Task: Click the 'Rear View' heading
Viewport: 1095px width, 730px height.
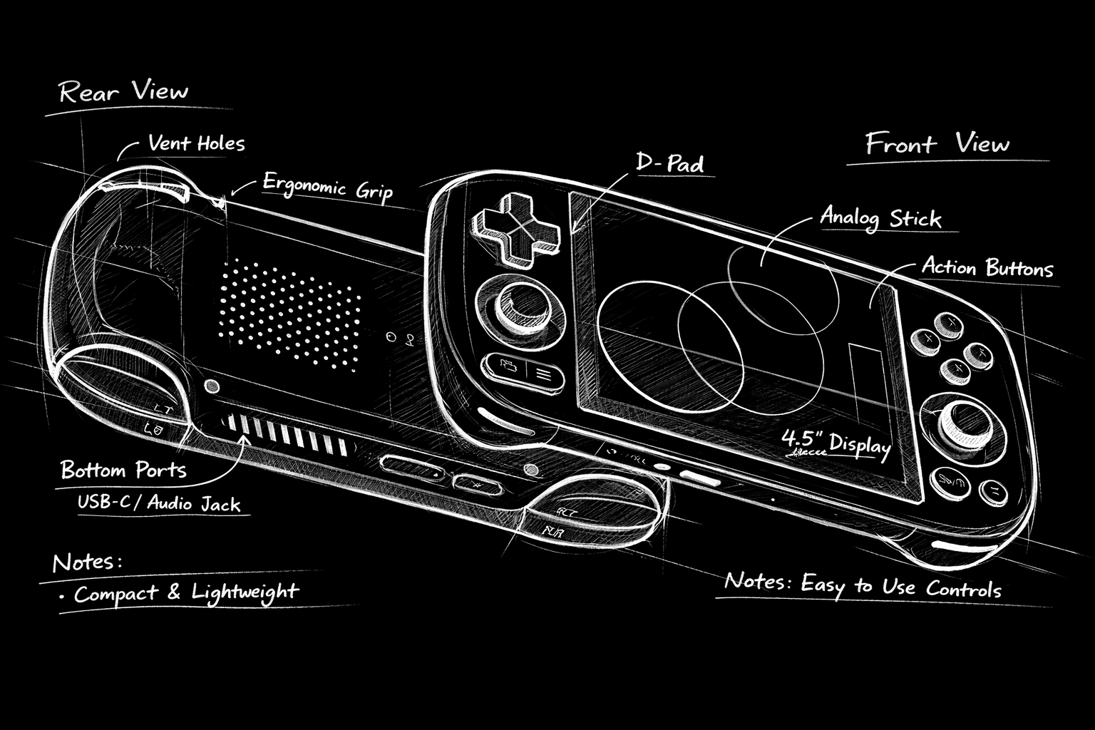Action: coord(123,92)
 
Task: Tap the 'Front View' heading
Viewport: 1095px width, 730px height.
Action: coord(937,144)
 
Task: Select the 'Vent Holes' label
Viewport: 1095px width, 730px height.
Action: coord(196,143)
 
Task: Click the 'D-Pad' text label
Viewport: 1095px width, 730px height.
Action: coord(669,163)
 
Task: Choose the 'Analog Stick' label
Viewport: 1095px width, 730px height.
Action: coord(880,217)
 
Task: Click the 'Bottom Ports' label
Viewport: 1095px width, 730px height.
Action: coord(123,470)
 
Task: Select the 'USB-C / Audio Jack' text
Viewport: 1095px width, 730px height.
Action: coord(159,503)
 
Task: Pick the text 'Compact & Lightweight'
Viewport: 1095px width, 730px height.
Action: coord(185,592)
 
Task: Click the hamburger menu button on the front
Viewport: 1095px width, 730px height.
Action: coord(545,372)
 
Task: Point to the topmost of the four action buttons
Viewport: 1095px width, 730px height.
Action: coord(950,324)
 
